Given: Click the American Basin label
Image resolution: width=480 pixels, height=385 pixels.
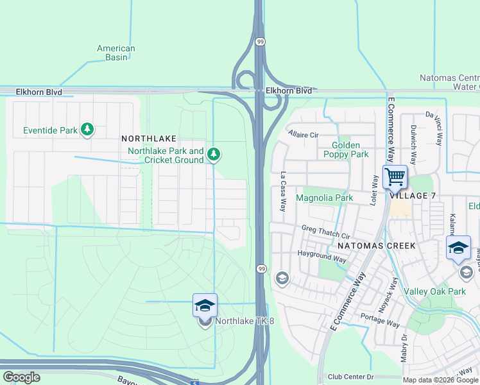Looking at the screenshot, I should coord(116,53).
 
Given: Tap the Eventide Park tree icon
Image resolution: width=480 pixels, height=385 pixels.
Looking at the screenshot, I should coord(87,130).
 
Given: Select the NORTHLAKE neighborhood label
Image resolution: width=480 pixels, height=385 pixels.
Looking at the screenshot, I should coord(146,139).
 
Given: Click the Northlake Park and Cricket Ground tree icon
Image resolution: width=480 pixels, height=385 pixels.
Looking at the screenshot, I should coord(214,155).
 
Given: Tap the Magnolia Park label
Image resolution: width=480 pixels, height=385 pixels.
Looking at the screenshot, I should coord(325,198).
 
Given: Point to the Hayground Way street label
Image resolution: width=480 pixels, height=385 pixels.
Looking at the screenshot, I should coord(321,257).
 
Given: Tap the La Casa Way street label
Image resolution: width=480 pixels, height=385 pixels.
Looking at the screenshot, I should coord(282,191).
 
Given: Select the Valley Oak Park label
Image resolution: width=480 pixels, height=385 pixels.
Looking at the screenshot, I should coord(434,291).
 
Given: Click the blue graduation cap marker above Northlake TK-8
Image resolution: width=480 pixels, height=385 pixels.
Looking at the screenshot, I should coord(205,305).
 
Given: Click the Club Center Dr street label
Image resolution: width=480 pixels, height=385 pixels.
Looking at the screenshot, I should coord(350,377).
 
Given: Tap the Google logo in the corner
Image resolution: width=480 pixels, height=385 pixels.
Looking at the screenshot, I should coord(21,377).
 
